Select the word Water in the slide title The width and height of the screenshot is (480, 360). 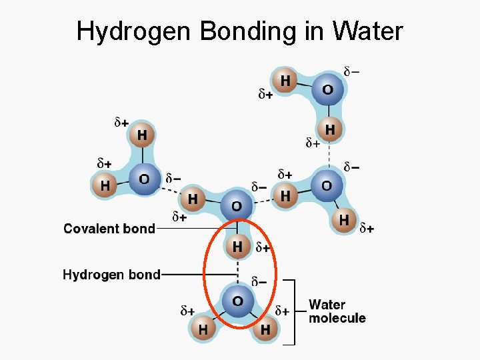(x=368, y=31)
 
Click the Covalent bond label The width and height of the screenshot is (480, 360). (x=109, y=229)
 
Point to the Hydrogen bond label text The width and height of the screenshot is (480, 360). (x=111, y=274)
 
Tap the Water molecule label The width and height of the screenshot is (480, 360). (x=337, y=311)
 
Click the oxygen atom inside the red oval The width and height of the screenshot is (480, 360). (x=237, y=301)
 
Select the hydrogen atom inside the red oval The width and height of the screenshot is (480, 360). (x=237, y=247)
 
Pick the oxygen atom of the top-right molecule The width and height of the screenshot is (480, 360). (x=327, y=89)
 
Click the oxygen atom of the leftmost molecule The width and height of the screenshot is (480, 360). (x=143, y=179)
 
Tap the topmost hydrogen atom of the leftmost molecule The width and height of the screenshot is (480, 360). (x=142, y=135)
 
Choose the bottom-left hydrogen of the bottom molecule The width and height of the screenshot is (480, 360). (x=203, y=329)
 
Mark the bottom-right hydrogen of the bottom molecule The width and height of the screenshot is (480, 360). (x=265, y=329)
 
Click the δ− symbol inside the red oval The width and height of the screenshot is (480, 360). (x=259, y=281)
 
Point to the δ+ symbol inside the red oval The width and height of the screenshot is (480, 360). (x=263, y=247)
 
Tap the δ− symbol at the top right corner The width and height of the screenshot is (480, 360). (x=351, y=71)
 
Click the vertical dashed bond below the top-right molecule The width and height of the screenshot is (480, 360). (x=329, y=153)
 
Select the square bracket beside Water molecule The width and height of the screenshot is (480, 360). (x=291, y=311)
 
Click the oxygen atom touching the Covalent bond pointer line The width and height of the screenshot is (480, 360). (x=237, y=205)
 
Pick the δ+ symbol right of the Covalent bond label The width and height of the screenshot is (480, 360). (x=179, y=216)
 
